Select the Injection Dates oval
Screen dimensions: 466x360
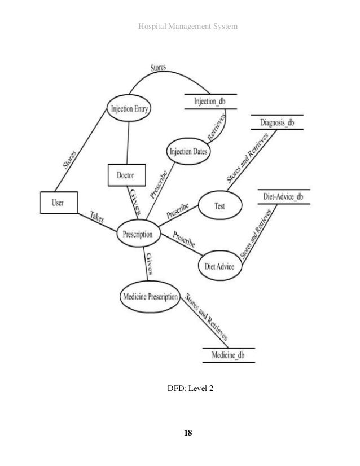(x=188, y=151)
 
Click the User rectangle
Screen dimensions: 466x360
(x=59, y=203)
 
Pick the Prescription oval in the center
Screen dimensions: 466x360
(x=138, y=234)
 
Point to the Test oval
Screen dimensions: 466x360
(x=220, y=206)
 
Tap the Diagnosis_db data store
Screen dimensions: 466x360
(x=278, y=122)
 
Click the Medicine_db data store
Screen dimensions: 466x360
(x=228, y=355)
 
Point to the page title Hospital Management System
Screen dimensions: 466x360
(x=180, y=26)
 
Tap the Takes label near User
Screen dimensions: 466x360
(x=96, y=218)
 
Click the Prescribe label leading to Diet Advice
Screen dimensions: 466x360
(x=184, y=240)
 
